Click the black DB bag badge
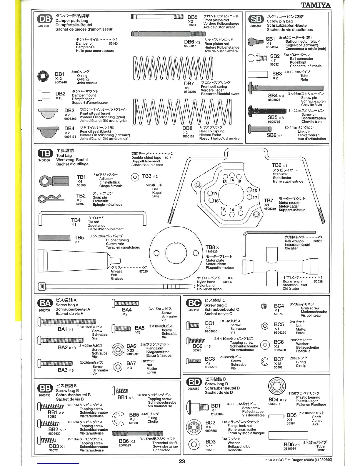pos(45,19)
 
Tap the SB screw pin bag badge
pos(256,19)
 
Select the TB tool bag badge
pos(45,153)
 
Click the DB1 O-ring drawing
pos(43,76)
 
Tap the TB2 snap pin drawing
pos(51,199)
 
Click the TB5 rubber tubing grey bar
pos(54,237)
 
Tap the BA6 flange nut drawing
pos(118,350)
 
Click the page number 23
pos(182,461)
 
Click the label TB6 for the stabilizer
pos(276,165)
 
